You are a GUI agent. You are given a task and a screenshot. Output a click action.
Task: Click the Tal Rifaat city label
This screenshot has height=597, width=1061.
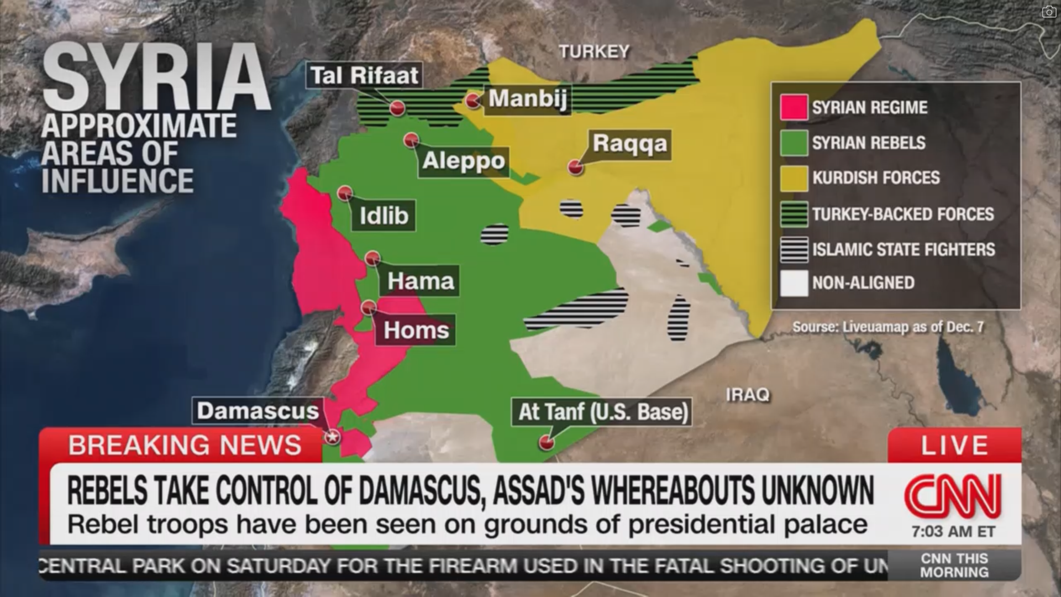364,75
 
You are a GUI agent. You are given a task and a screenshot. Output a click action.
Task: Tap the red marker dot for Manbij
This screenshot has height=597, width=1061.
472,101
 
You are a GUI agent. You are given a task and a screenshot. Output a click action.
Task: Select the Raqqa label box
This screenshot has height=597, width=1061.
630,144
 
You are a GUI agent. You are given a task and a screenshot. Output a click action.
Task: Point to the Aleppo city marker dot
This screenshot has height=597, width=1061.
411,140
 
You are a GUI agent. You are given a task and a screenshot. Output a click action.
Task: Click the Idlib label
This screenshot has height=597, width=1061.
384,215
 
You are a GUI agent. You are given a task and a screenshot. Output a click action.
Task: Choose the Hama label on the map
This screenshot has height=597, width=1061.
420,281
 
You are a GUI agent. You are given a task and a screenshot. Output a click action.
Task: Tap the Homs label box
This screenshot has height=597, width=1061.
416,330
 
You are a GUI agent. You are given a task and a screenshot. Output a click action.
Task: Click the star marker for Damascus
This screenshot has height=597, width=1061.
332,437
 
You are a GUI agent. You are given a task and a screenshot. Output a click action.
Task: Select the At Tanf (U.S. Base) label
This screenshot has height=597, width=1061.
602,412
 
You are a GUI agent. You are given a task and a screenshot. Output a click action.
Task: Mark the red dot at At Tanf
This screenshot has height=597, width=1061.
547,442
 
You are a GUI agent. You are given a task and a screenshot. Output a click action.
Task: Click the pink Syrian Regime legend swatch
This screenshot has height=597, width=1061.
794,107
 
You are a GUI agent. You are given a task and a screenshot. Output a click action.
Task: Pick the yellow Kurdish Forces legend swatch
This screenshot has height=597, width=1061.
794,178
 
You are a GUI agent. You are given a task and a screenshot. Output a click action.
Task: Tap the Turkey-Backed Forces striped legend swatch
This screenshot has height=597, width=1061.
794,214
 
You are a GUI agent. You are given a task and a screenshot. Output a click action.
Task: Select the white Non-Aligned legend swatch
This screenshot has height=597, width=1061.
794,283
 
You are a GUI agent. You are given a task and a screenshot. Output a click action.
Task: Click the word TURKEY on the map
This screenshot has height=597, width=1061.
594,52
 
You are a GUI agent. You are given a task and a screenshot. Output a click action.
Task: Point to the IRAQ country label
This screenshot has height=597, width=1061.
747,395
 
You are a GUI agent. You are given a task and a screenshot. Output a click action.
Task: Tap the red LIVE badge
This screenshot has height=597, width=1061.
954,446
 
